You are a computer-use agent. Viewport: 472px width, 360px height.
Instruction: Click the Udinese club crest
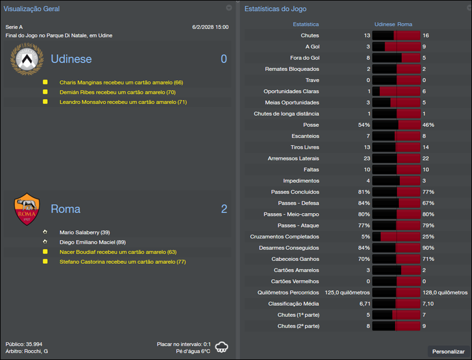pyautogui.click(x=27, y=60)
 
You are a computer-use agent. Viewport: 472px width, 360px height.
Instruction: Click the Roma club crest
pyautogui.click(x=27, y=209)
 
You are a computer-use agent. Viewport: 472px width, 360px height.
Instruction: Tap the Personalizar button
pyautogui.click(x=448, y=352)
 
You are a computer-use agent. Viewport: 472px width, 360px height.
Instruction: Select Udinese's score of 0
pyautogui.click(x=224, y=59)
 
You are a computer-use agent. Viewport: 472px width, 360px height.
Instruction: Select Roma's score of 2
pyautogui.click(x=224, y=209)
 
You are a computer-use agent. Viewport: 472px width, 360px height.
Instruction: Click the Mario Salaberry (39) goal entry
pyautogui.click(x=84, y=233)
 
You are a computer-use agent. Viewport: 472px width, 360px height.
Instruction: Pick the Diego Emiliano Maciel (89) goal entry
pyautogui.click(x=91, y=242)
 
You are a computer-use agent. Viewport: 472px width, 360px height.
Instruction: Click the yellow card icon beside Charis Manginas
pyautogui.click(x=45, y=83)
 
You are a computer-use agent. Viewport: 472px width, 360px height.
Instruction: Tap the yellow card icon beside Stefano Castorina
pyautogui.click(x=45, y=261)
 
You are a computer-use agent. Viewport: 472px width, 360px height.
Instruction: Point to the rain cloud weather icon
pyautogui.click(x=222, y=347)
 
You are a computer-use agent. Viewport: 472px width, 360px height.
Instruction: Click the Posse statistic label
pyautogui.click(x=311, y=125)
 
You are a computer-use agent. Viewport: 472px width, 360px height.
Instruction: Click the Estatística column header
pyautogui.click(x=306, y=24)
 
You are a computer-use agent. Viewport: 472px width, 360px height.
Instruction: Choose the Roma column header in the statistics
pyautogui.click(x=405, y=24)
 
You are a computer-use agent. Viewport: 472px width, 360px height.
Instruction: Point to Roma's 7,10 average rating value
pyautogui.click(x=429, y=303)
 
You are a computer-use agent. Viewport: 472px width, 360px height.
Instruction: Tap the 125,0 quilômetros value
pyautogui.click(x=347, y=293)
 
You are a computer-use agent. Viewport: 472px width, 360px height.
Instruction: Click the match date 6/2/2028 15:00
pyautogui.click(x=210, y=27)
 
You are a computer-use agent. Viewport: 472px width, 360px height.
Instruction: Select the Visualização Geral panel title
pyautogui.click(x=31, y=9)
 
